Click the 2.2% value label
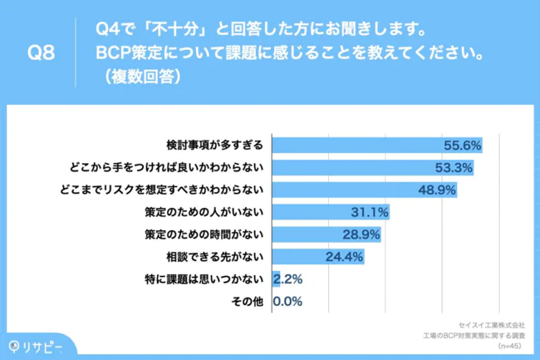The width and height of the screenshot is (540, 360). pyautogui.click(x=287, y=279)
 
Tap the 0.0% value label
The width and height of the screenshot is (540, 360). pyautogui.click(x=287, y=301)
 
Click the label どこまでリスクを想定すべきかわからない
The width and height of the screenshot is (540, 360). pyautogui.click(x=160, y=190)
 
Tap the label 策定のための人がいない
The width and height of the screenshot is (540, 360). pyautogui.click(x=204, y=212)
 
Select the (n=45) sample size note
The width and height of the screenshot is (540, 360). pyautogui.click(x=510, y=345)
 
